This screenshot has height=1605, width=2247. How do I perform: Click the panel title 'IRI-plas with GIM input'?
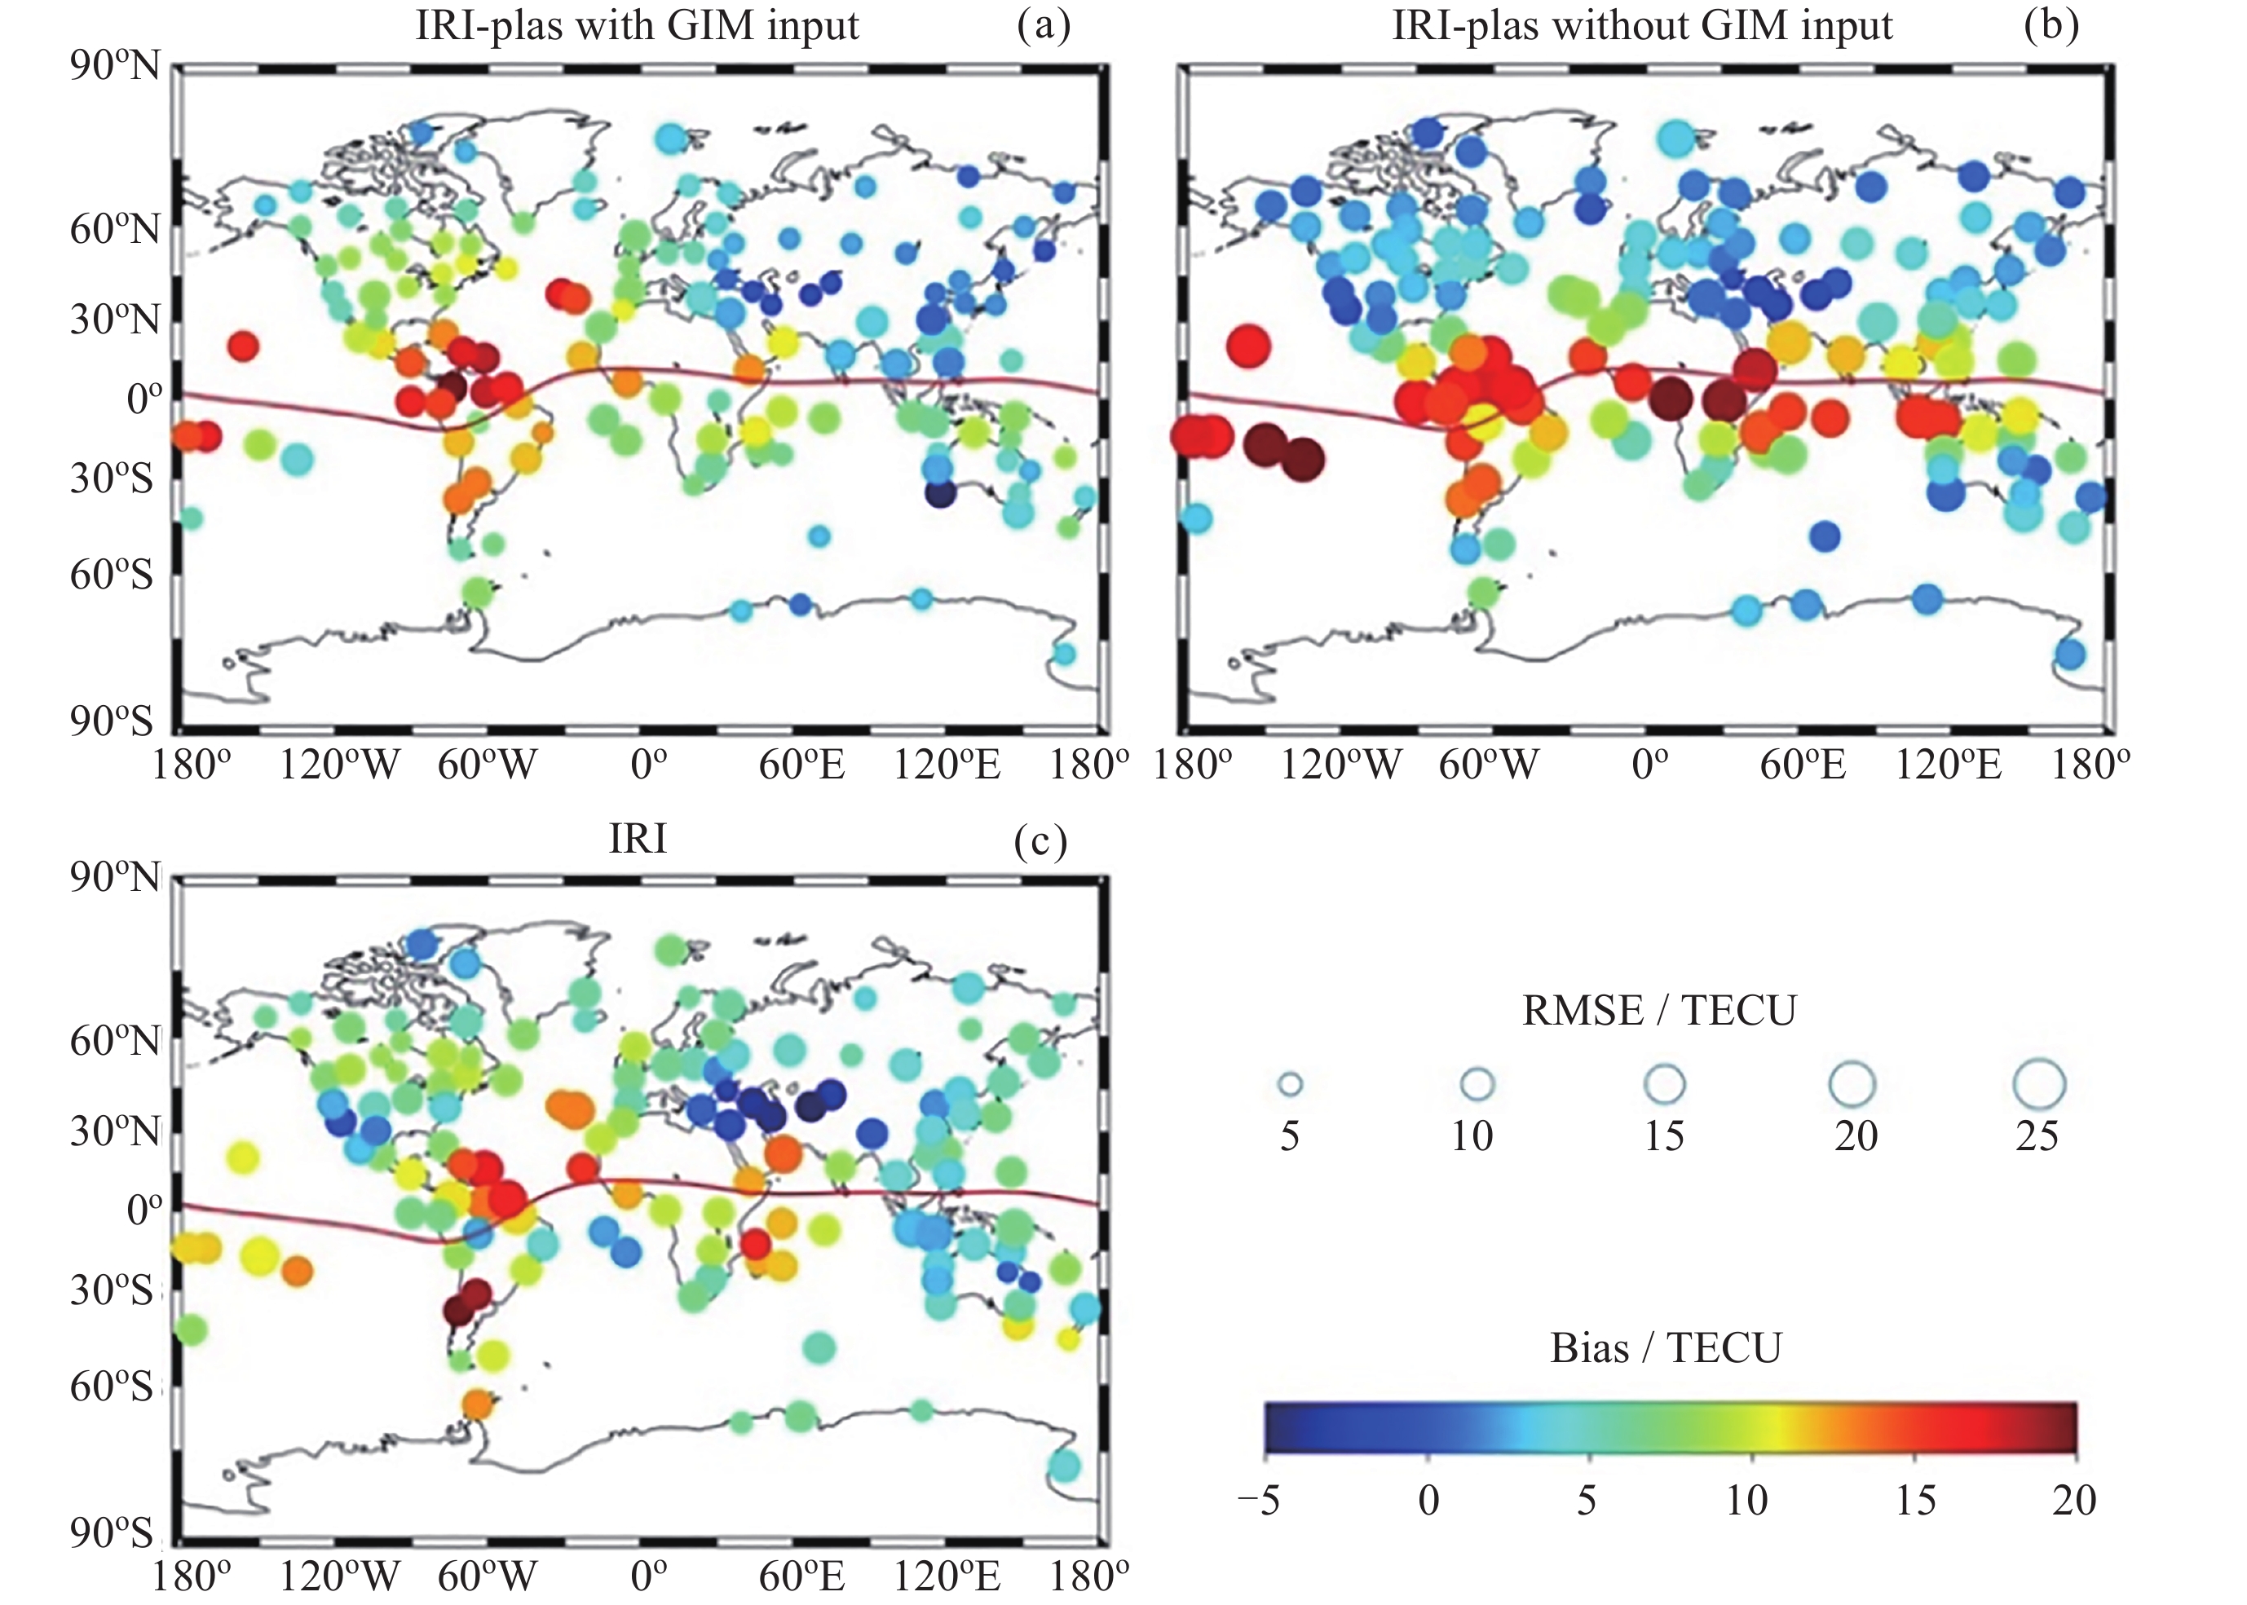click(637, 26)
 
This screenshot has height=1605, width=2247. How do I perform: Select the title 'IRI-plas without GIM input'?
click(1642, 26)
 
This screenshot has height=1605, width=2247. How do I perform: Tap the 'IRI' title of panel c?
click(638, 839)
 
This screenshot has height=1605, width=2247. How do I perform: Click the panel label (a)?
click(1043, 26)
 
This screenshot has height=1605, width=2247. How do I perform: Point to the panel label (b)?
click(2051, 26)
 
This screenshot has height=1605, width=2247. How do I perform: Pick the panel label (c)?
click(1040, 841)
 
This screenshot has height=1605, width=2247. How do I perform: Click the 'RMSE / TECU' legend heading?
click(1659, 1011)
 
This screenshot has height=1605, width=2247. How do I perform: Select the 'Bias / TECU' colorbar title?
click(1666, 1348)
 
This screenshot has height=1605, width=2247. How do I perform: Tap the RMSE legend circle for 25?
click(2039, 1085)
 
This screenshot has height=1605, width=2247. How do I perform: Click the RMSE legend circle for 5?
click(1290, 1085)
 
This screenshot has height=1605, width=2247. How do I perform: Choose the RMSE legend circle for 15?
click(1665, 1085)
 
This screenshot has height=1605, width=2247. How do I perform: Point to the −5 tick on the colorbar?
click(1259, 1500)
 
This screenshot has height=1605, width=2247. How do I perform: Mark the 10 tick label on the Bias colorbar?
click(1746, 1500)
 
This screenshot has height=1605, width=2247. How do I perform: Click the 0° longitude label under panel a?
click(647, 765)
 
